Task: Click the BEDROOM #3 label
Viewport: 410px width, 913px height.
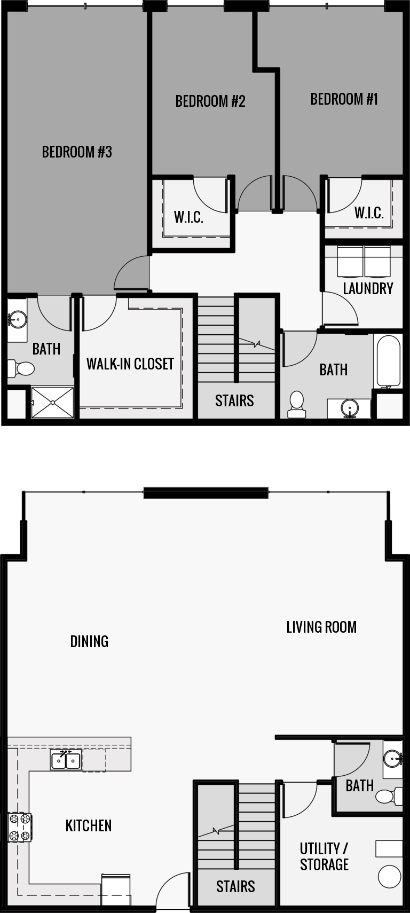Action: click(x=77, y=152)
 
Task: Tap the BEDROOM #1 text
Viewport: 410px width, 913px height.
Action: click(x=344, y=99)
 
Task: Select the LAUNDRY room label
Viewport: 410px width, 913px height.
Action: click(x=368, y=289)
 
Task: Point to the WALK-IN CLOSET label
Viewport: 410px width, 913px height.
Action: click(x=130, y=364)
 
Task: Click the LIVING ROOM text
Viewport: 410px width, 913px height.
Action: click(x=321, y=627)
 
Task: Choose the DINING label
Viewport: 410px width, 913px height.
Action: click(x=89, y=641)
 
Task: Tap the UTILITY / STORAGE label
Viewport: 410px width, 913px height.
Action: click(x=324, y=856)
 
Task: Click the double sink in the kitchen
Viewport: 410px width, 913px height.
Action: click(x=66, y=760)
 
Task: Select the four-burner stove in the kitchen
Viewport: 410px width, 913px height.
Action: click(x=19, y=827)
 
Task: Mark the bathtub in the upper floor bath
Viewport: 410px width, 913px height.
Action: click(x=388, y=361)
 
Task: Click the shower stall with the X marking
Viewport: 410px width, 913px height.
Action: click(x=52, y=403)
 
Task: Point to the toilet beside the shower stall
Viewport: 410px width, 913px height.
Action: click(x=21, y=368)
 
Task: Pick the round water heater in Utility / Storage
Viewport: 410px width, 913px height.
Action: click(x=390, y=877)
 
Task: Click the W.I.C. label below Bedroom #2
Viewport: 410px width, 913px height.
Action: click(x=188, y=217)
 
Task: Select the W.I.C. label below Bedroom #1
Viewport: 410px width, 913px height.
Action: click(x=369, y=213)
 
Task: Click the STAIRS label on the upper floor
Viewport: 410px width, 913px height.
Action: click(x=234, y=401)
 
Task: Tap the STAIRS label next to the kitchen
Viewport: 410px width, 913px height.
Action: click(x=235, y=887)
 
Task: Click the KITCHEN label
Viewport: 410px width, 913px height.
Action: click(x=89, y=826)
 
